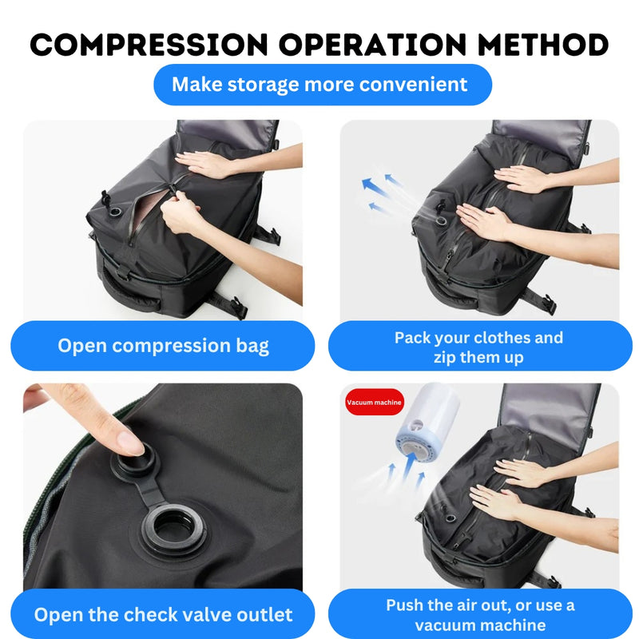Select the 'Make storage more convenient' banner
[319, 84]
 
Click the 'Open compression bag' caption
[163, 346]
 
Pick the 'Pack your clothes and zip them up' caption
[479, 347]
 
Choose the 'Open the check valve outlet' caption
[163, 614]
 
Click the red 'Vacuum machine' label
[374, 403]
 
